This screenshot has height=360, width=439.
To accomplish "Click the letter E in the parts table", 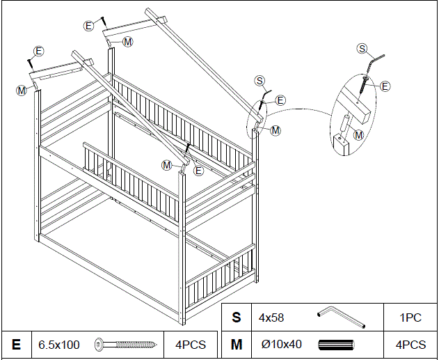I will (16, 345).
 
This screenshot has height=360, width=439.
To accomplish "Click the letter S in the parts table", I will (237, 318).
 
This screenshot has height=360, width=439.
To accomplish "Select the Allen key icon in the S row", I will (341, 318).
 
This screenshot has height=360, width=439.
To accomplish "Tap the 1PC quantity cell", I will (410, 318).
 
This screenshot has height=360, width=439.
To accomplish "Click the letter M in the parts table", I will (237, 345).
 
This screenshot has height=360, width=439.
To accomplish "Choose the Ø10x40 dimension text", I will (279, 345).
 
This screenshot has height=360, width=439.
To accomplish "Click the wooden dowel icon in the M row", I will (337, 345).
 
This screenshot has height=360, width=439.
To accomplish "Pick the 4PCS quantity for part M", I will (410, 345).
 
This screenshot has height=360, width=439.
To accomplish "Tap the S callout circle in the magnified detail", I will (362, 48).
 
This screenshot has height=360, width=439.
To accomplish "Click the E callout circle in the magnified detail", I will (385, 86).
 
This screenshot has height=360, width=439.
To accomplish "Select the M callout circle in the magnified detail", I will (359, 134).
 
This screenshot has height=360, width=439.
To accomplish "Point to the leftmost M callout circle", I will (22, 90).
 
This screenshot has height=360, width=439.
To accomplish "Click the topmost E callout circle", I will (88, 26).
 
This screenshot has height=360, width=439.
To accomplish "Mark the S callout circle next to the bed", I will (260, 81).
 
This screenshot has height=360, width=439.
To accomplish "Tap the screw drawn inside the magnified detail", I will (365, 86).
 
